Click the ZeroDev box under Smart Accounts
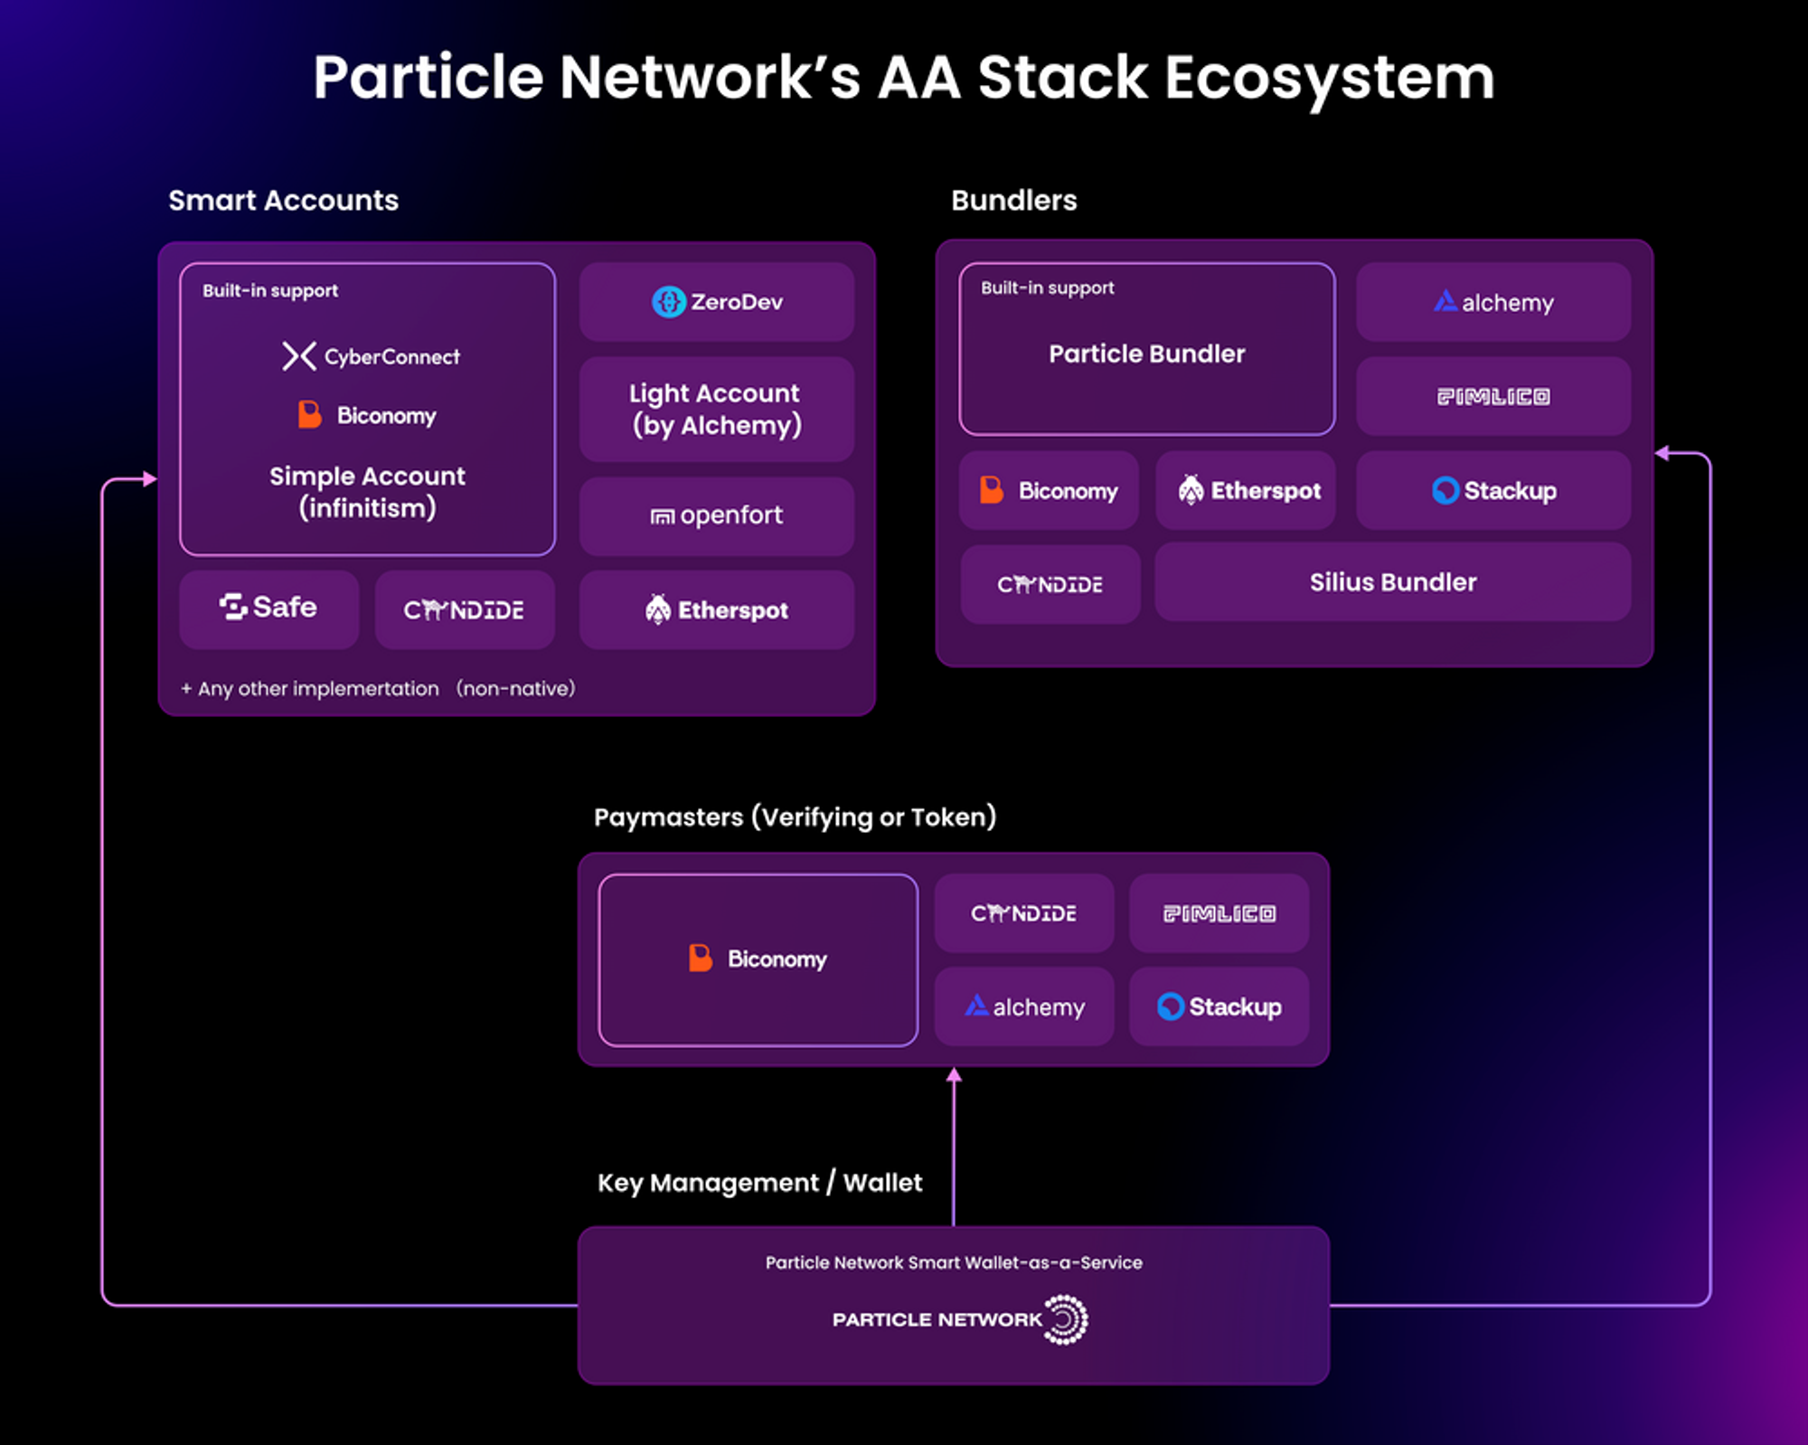[x=717, y=302]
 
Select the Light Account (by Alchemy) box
[x=717, y=409]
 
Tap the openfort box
[x=717, y=515]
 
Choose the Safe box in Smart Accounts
[x=268, y=609]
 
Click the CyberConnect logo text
[x=391, y=357]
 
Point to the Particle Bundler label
[x=1147, y=354]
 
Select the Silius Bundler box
[x=1393, y=582]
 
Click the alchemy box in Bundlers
[x=1493, y=302]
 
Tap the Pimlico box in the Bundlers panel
[x=1493, y=396]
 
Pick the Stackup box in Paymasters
[x=1219, y=1006]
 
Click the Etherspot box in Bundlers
[x=1246, y=490]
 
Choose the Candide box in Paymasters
[x=1024, y=913]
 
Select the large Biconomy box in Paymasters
[x=758, y=959]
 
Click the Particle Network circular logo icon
[x=1066, y=1320]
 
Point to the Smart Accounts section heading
[x=283, y=200]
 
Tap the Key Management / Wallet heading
[x=759, y=1183]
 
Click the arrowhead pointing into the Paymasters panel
[x=954, y=1075]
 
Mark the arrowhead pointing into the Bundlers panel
[x=1662, y=453]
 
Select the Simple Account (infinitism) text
[x=367, y=492]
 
